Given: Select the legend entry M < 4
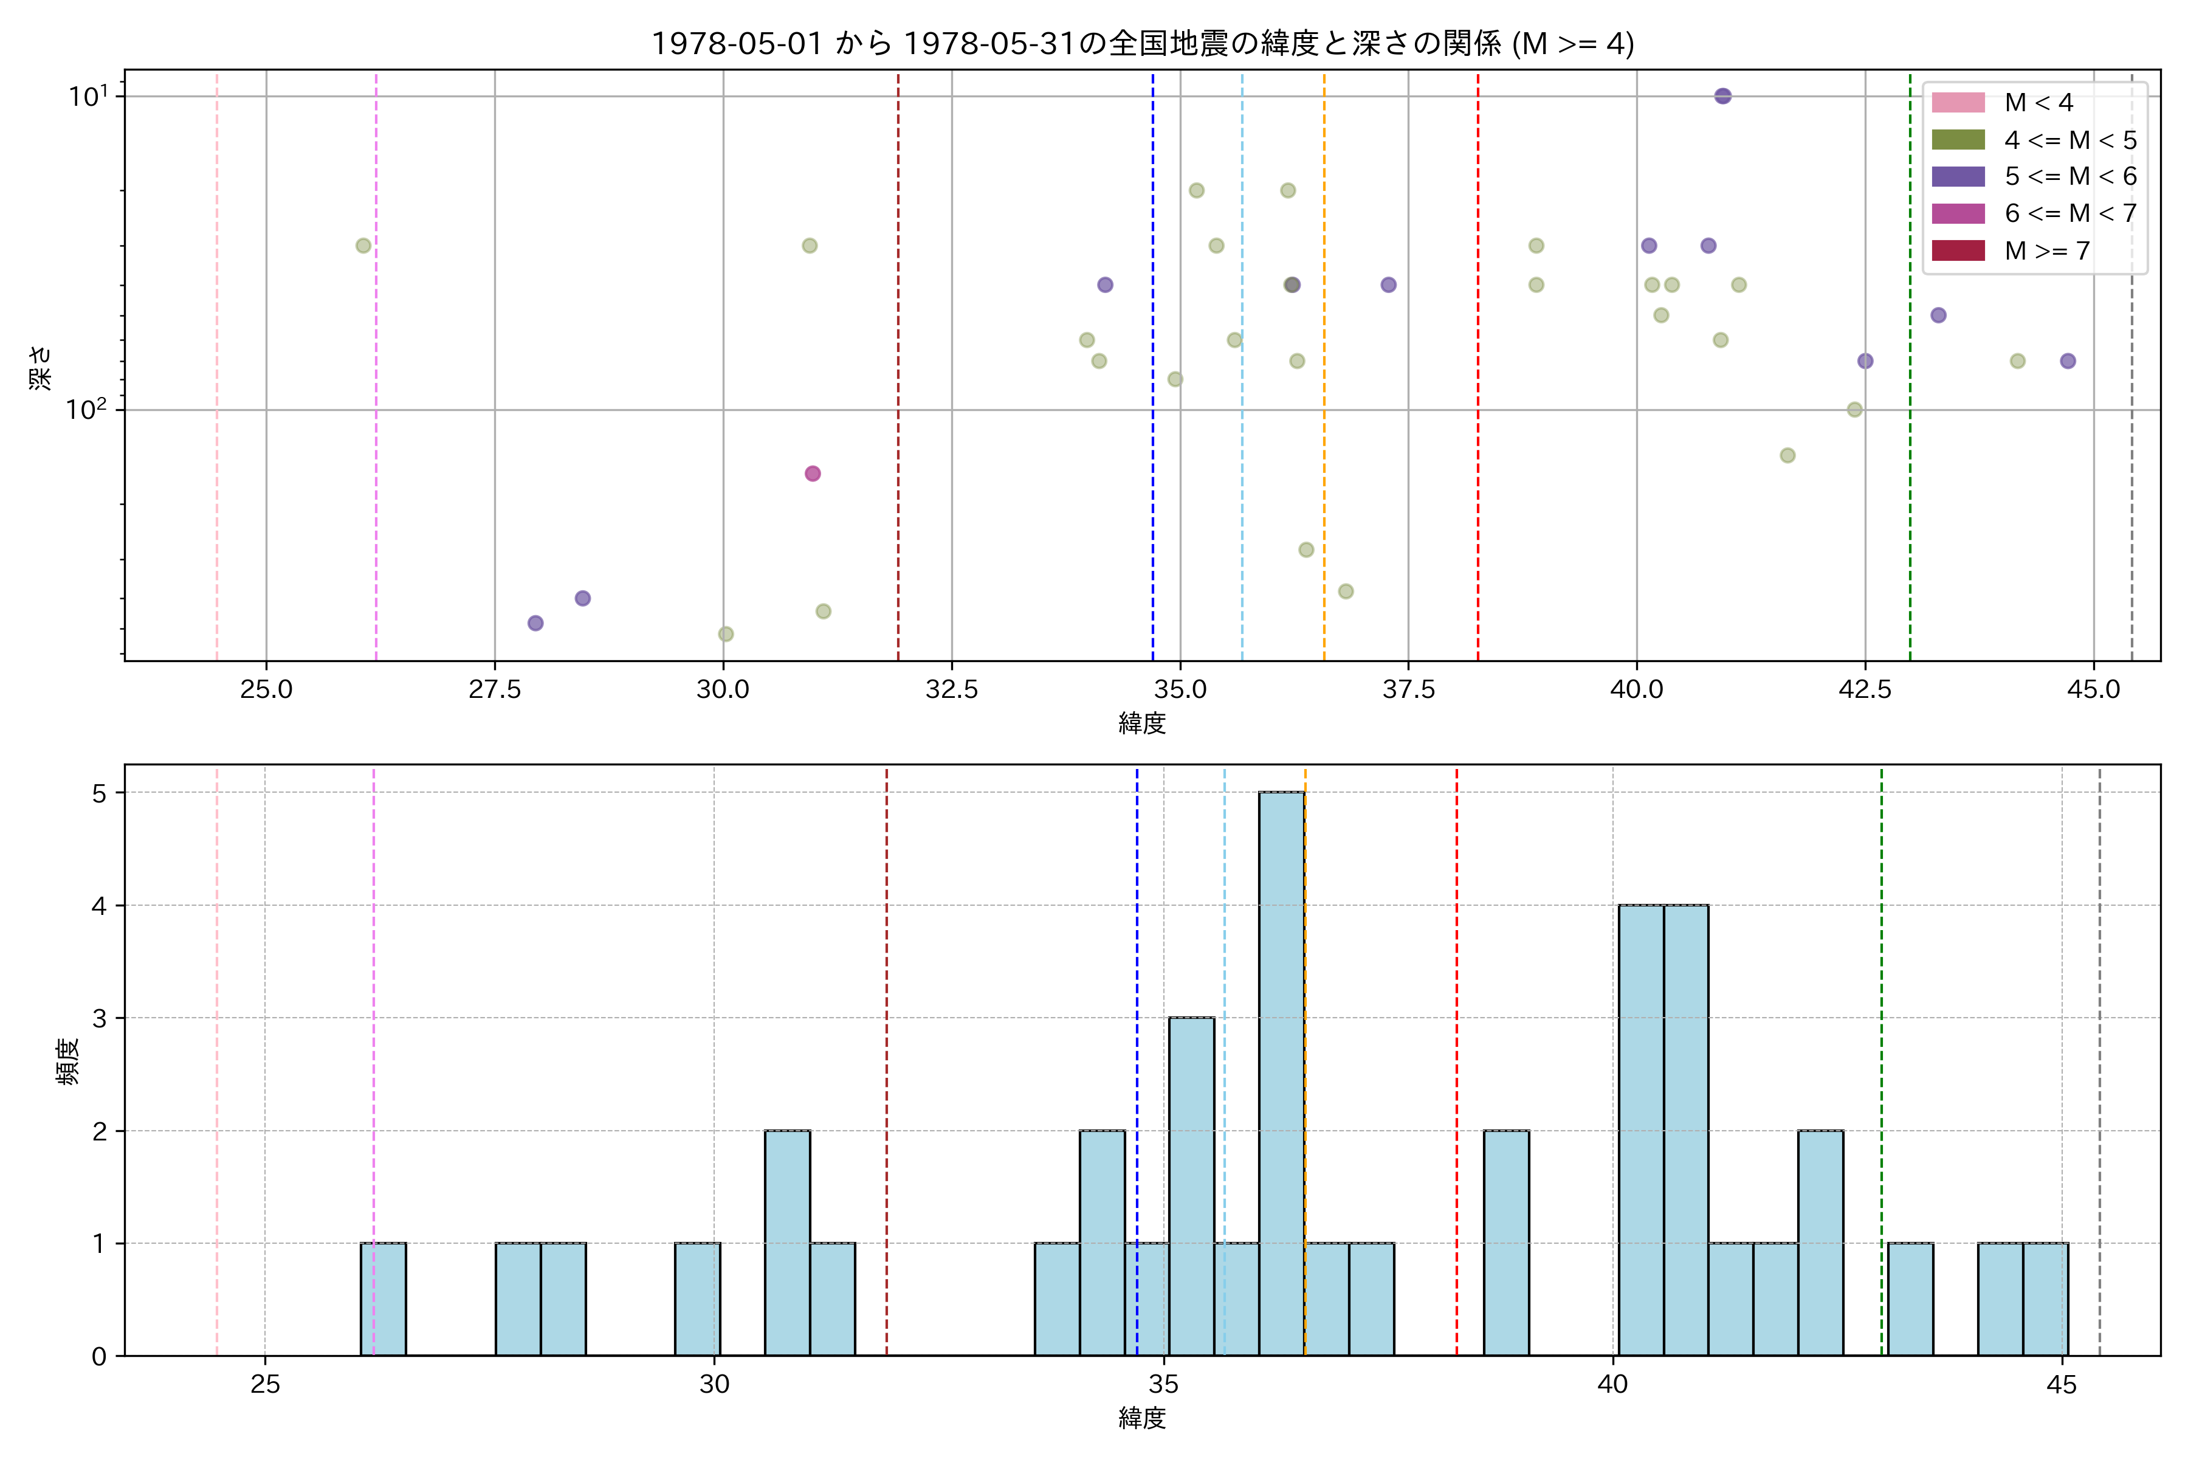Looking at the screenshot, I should point(2037,102).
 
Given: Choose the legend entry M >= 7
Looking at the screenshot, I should point(2046,250).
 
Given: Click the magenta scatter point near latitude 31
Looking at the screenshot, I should point(812,474).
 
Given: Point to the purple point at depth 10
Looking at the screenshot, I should point(1722,96).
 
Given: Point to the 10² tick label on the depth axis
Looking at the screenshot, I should point(86,409).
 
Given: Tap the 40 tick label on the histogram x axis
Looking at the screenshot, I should point(1612,1385).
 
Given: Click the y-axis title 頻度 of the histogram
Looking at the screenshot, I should point(68,1061).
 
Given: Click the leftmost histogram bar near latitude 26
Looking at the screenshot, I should point(384,1299).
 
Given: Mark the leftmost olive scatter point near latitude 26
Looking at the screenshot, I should point(363,246).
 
